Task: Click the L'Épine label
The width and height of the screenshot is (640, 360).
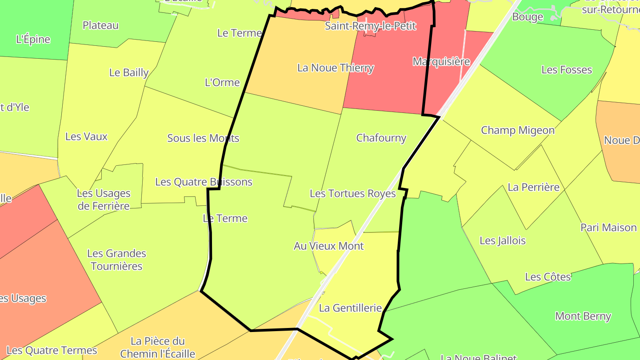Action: pos(33,39)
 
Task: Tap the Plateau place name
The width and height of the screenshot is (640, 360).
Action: pos(100,25)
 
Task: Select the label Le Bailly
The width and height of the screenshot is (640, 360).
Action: pos(129,72)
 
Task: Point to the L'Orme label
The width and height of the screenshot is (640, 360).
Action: pos(222,82)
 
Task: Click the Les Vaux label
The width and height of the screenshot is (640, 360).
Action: pos(86,136)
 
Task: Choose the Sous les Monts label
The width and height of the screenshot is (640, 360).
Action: pos(203,138)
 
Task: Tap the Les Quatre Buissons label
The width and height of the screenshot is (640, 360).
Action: pos(204,182)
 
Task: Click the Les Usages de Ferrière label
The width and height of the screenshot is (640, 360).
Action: pos(104,200)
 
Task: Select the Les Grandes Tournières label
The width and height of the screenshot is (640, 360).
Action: pos(116,260)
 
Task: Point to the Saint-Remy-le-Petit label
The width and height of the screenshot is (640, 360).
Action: pos(370,26)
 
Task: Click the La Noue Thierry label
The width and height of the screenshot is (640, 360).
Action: pos(336,68)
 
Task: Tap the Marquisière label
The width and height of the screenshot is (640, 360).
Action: pos(441,61)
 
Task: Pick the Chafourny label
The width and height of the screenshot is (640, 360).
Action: pos(381,138)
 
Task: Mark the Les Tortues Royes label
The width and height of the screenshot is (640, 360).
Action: pos(352,193)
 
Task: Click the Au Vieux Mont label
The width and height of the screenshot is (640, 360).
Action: pos(329,246)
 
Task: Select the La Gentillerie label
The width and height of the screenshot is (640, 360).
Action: pos(351,308)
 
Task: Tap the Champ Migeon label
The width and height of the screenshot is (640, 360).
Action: pos(518,130)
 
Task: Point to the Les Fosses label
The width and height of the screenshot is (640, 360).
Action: pos(567,70)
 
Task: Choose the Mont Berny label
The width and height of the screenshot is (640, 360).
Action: pos(583,316)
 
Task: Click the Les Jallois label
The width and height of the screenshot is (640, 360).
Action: pos(503,240)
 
